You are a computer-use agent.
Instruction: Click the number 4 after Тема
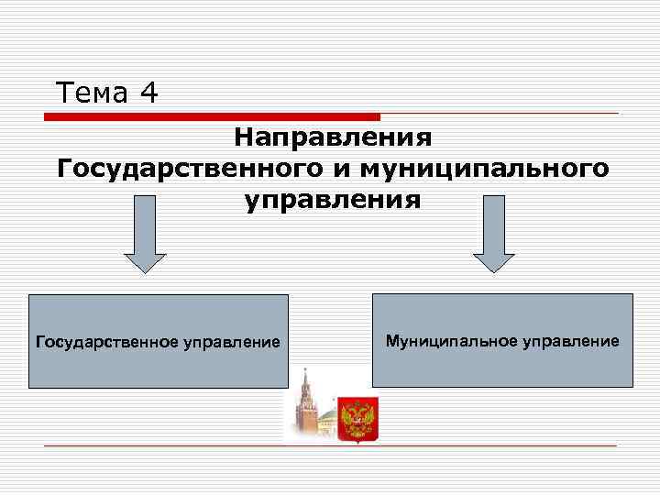coord(149,93)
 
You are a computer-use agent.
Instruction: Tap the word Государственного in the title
coord(179,169)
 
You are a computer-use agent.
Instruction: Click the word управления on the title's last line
coord(333,200)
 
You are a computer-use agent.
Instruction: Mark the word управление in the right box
coord(571,340)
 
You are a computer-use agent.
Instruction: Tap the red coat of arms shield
coord(357,419)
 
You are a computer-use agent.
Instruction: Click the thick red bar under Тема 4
coord(212,117)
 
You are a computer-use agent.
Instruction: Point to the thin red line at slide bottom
coord(330,445)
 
